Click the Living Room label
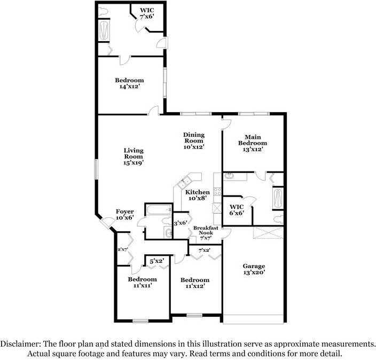pyautogui.click(x=134, y=158)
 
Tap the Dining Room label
pyautogui.click(x=194, y=140)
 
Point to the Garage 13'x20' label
pyautogui.click(x=254, y=270)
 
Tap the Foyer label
pyautogui.click(x=124, y=215)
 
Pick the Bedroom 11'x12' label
pyautogui.click(x=194, y=283)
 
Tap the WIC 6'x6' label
pyautogui.click(x=237, y=210)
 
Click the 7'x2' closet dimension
pyautogui.click(x=204, y=250)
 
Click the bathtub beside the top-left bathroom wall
pyautogui.click(x=104, y=31)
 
